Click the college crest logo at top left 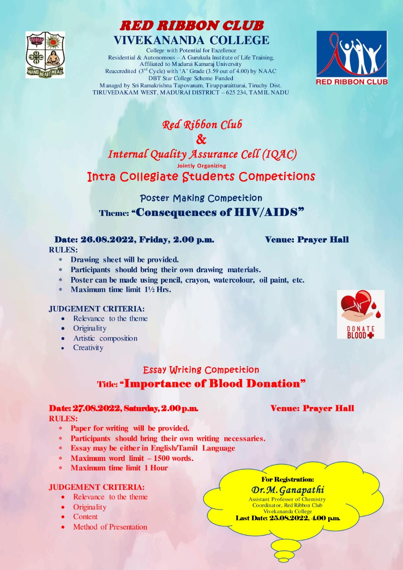45,55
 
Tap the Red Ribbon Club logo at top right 351,57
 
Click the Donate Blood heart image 360,314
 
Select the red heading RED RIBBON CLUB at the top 192,25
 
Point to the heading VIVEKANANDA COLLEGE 191,40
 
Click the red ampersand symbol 201,140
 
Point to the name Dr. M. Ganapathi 287,490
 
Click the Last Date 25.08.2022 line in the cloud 288,518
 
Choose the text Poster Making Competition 201,198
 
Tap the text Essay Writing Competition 201,370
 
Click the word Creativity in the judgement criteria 88,348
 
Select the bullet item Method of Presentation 110,527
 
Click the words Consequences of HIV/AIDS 220,212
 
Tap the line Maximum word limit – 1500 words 132,458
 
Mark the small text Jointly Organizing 201,166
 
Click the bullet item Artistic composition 105,338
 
